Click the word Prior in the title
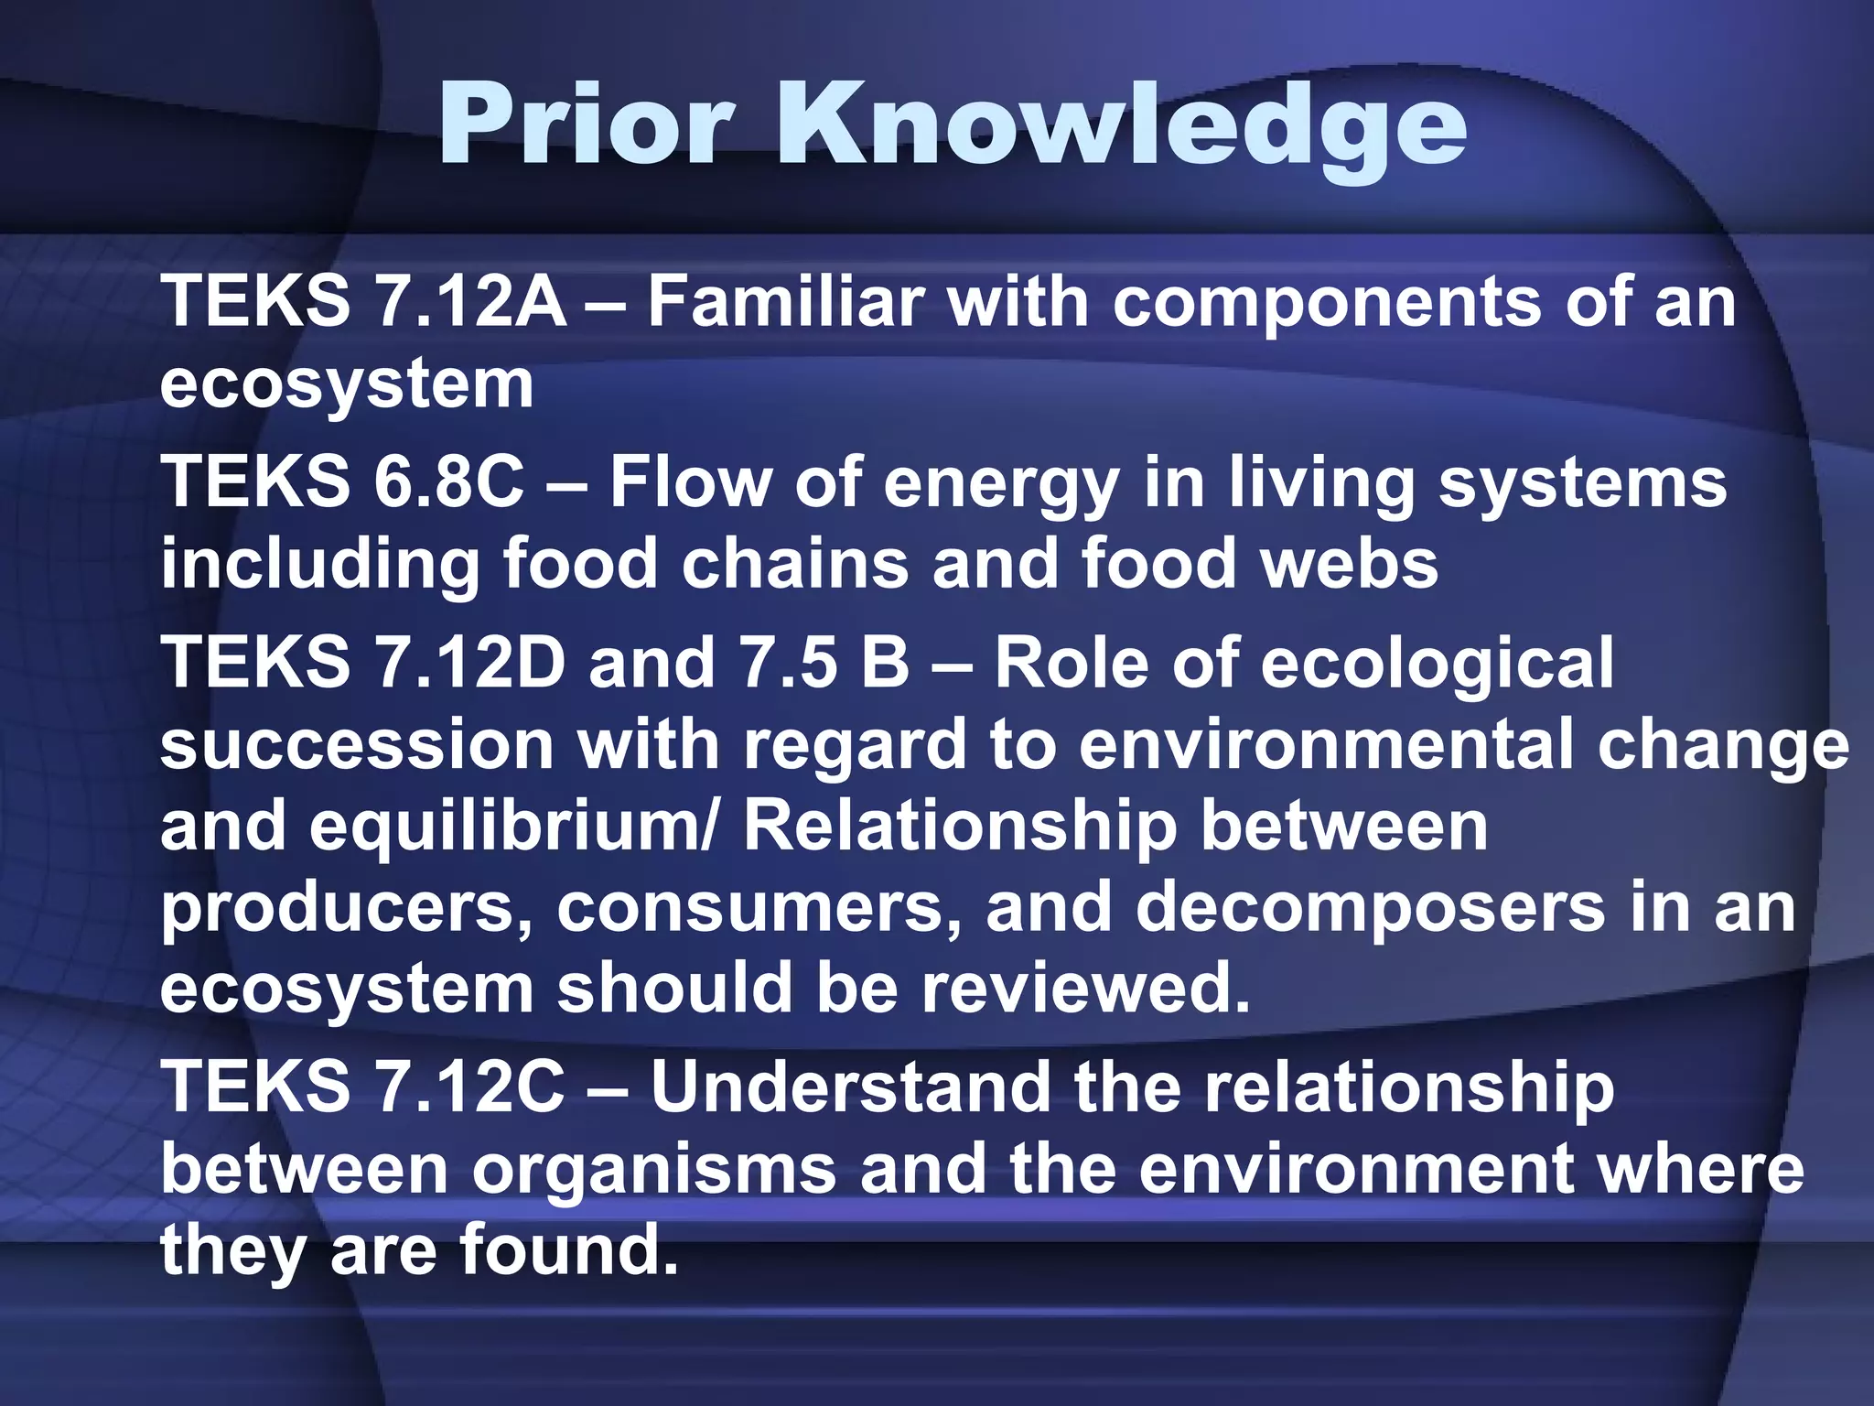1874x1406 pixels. [x=587, y=124]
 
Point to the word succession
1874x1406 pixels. [x=357, y=744]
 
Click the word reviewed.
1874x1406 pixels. [x=1085, y=989]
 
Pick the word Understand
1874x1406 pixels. [x=850, y=1088]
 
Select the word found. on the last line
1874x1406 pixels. [x=568, y=1251]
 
